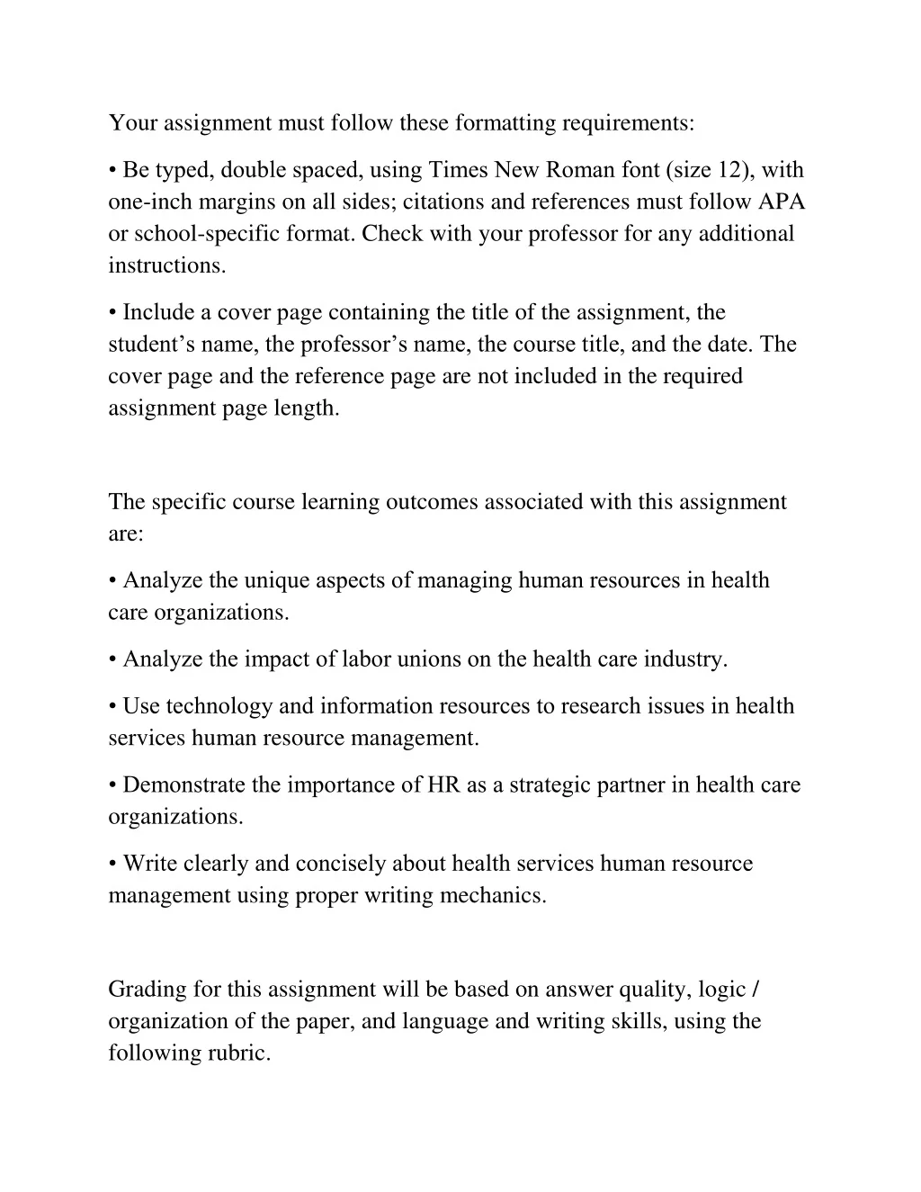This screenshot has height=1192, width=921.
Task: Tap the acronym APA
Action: pos(782,202)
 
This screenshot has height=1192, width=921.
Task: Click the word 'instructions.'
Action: pos(167,265)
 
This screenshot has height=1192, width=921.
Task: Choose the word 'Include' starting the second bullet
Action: pos(158,312)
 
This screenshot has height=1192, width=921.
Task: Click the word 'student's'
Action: pos(151,345)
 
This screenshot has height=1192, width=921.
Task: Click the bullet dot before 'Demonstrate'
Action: pos(112,785)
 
